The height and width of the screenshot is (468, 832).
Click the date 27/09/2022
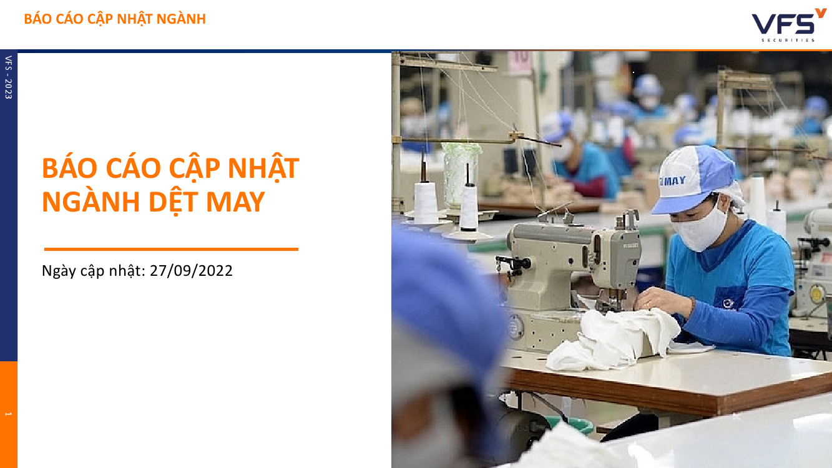coord(191,271)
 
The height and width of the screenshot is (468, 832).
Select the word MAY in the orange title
coord(235,202)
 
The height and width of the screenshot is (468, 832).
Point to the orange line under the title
coord(171,249)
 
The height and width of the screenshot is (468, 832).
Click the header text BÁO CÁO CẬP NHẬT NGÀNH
coord(115,19)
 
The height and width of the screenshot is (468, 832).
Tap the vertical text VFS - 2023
coord(9,77)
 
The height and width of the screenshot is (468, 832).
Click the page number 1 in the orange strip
coord(9,414)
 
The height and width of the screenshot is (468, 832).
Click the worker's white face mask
coord(700,229)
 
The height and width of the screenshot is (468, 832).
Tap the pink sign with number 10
coord(521,62)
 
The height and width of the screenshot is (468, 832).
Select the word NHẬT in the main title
coord(263,169)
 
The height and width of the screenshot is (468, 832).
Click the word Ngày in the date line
coord(59,271)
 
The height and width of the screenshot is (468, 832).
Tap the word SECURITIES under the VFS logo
coord(788,40)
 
